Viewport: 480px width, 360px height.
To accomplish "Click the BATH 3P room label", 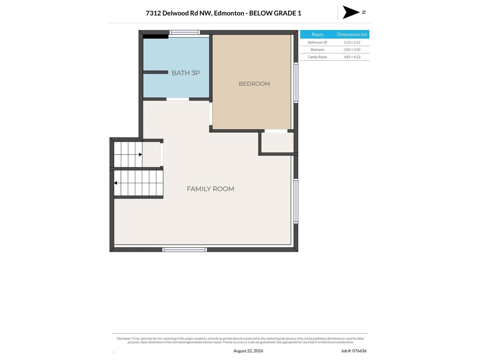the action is (185, 73).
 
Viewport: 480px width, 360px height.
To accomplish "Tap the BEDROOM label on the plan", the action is (254, 84).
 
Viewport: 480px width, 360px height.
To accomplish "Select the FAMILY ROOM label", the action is (210, 189).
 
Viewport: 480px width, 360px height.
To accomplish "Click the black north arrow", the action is (350, 12).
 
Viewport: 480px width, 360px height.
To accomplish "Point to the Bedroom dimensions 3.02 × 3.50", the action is (352, 49).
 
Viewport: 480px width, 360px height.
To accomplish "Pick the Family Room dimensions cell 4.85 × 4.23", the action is (352, 57).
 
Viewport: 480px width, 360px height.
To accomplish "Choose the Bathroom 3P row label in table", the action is (317, 42).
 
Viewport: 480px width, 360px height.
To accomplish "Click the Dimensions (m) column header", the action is (352, 34).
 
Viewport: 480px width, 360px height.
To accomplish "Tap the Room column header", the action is (317, 34).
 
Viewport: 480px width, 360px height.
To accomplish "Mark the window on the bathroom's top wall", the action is (184, 32).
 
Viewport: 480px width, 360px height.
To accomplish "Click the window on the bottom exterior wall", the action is (184, 250).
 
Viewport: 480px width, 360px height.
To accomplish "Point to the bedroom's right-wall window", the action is (296, 82).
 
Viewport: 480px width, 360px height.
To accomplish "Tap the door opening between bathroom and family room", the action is (178, 99).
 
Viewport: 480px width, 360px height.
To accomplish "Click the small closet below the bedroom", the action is (277, 142).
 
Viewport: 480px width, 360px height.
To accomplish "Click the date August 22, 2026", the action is (248, 351).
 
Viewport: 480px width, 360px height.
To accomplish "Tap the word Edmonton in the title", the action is (229, 13).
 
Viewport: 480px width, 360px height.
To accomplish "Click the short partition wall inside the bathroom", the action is (155, 72).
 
